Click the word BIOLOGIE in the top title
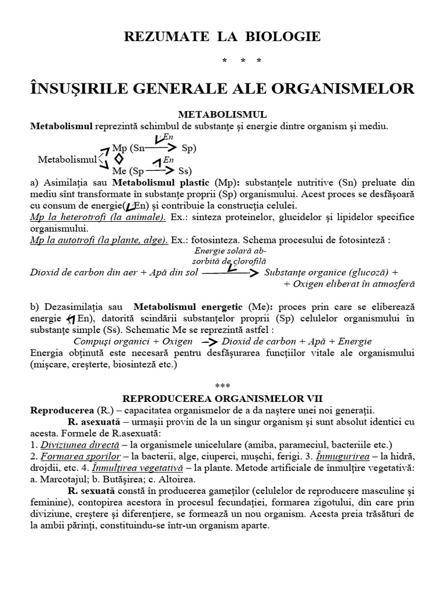click(287, 37)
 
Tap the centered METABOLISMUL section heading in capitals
click(222, 115)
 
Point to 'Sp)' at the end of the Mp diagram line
click(189, 148)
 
